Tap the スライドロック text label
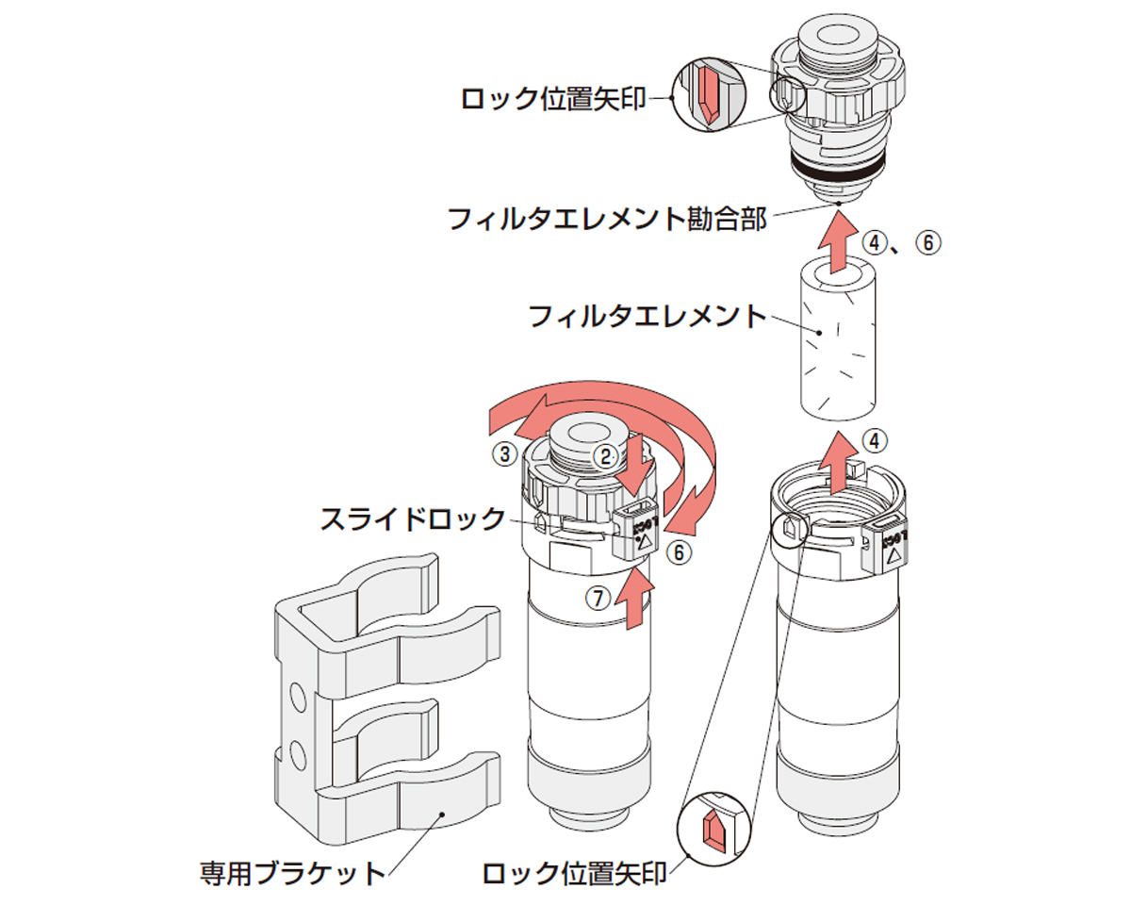pos(412,519)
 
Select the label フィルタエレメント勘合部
pos(607,220)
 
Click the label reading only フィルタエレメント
pos(647,316)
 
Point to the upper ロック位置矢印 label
pos(554,97)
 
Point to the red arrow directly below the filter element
pos(835,461)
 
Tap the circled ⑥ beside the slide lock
pos(678,552)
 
